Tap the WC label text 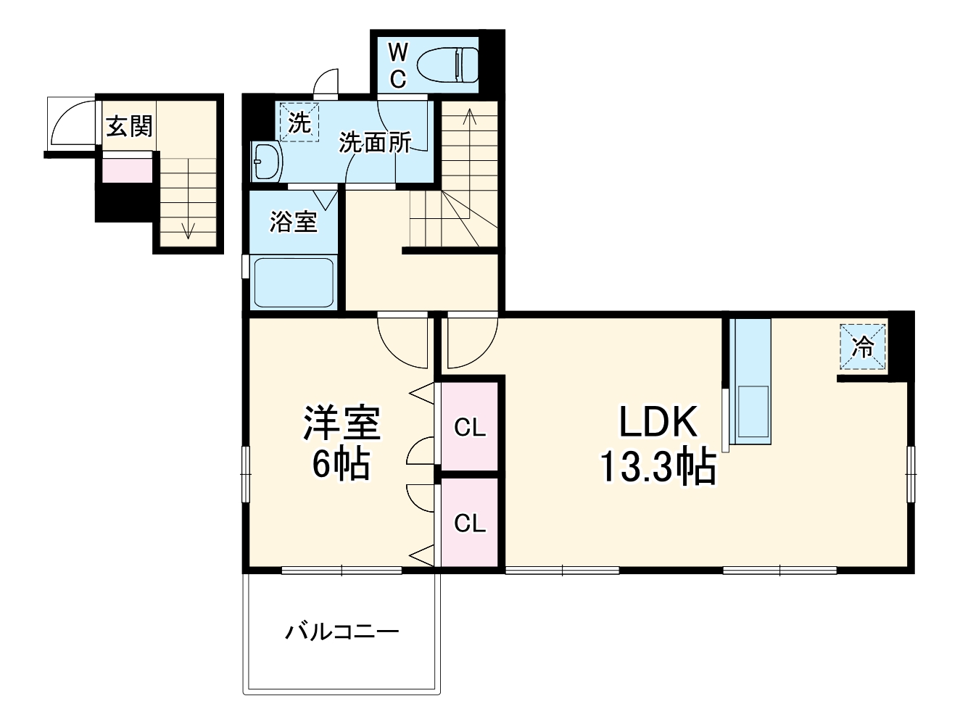point(397,65)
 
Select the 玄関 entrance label point(130,126)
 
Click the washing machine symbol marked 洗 point(299,123)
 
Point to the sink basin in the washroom point(266,161)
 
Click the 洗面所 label point(375,143)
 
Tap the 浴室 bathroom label point(294,222)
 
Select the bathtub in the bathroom point(294,282)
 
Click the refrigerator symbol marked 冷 point(863,348)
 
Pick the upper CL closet point(470,428)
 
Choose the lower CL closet point(470,522)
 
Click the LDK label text point(658,422)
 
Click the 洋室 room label point(342,423)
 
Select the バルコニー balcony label point(342,631)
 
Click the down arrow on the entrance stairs point(189,228)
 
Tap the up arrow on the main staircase point(469,116)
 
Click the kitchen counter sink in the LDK point(752,412)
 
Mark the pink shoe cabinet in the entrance point(127,170)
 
